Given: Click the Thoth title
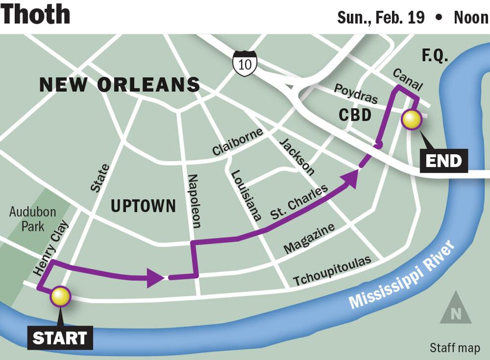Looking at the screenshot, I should (35, 15).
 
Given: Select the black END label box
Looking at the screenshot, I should (443, 160).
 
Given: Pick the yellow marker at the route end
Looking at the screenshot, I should (411, 119).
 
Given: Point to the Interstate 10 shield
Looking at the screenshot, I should (245, 63).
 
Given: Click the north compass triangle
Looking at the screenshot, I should (455, 309).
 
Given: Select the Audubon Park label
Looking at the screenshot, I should (33, 220).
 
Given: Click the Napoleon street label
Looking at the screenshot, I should (194, 201).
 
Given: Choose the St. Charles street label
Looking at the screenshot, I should (299, 202).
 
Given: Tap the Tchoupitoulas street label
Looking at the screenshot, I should (332, 271).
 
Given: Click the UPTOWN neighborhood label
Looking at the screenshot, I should (143, 206).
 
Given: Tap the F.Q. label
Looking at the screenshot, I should (435, 56).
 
